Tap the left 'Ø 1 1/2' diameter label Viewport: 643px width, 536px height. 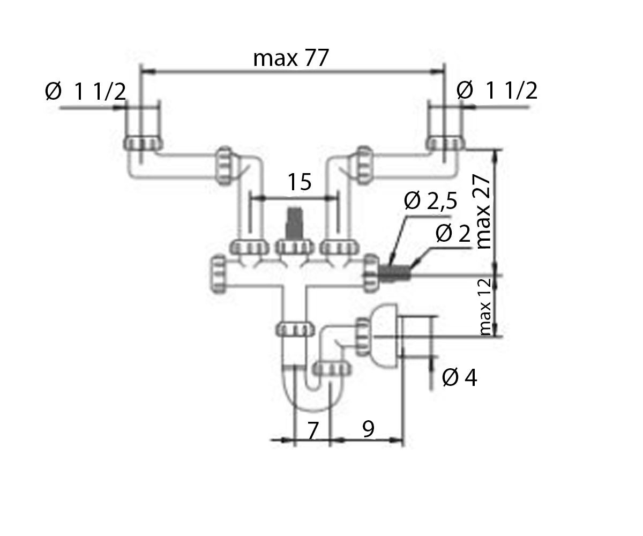pyautogui.click(x=85, y=91)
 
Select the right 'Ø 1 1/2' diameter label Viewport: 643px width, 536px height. pyautogui.click(x=497, y=90)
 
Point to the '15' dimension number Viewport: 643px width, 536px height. pyautogui.click(x=300, y=182)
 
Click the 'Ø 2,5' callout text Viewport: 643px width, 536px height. pyautogui.click(x=430, y=201)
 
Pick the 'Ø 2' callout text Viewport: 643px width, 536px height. pyautogui.click(x=453, y=234)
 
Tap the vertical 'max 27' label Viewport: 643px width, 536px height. pyautogui.click(x=483, y=212)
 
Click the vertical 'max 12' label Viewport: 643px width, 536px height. pyautogui.click(x=485, y=307)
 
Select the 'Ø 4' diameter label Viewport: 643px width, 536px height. pyautogui.click(x=459, y=377)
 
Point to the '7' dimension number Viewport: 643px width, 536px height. pyautogui.click(x=312, y=430)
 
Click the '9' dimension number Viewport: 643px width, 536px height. pyautogui.click(x=368, y=428)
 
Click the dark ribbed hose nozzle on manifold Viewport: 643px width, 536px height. pyautogui.click(x=394, y=273)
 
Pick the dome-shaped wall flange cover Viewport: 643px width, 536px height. pyautogui.click(x=385, y=336)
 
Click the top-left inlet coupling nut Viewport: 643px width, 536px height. pyautogui.click(x=143, y=144)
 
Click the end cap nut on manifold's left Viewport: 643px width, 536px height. pyautogui.click(x=219, y=274)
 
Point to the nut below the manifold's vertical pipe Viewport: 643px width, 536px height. pyautogui.click(x=295, y=329)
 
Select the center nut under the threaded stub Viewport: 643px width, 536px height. pyautogui.click(x=295, y=247)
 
